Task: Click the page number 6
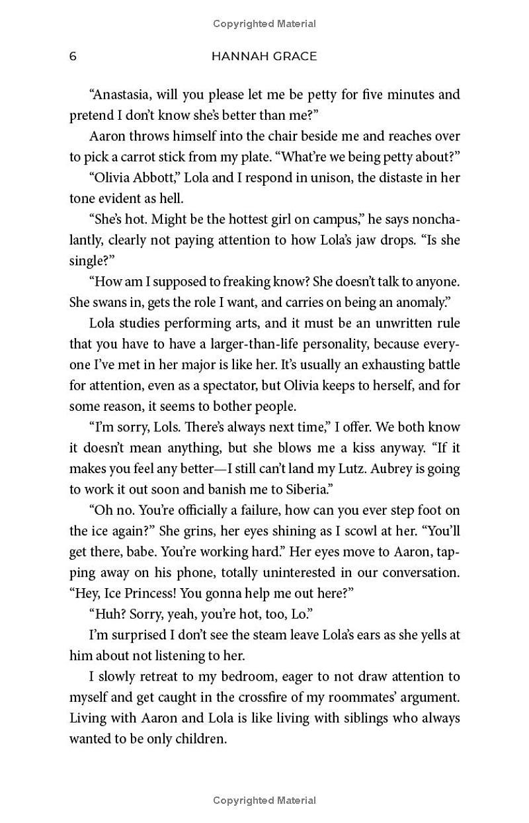coord(73,56)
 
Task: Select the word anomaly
coord(419,302)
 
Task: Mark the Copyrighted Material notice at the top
coord(264,24)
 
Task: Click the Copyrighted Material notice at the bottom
coord(264,801)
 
